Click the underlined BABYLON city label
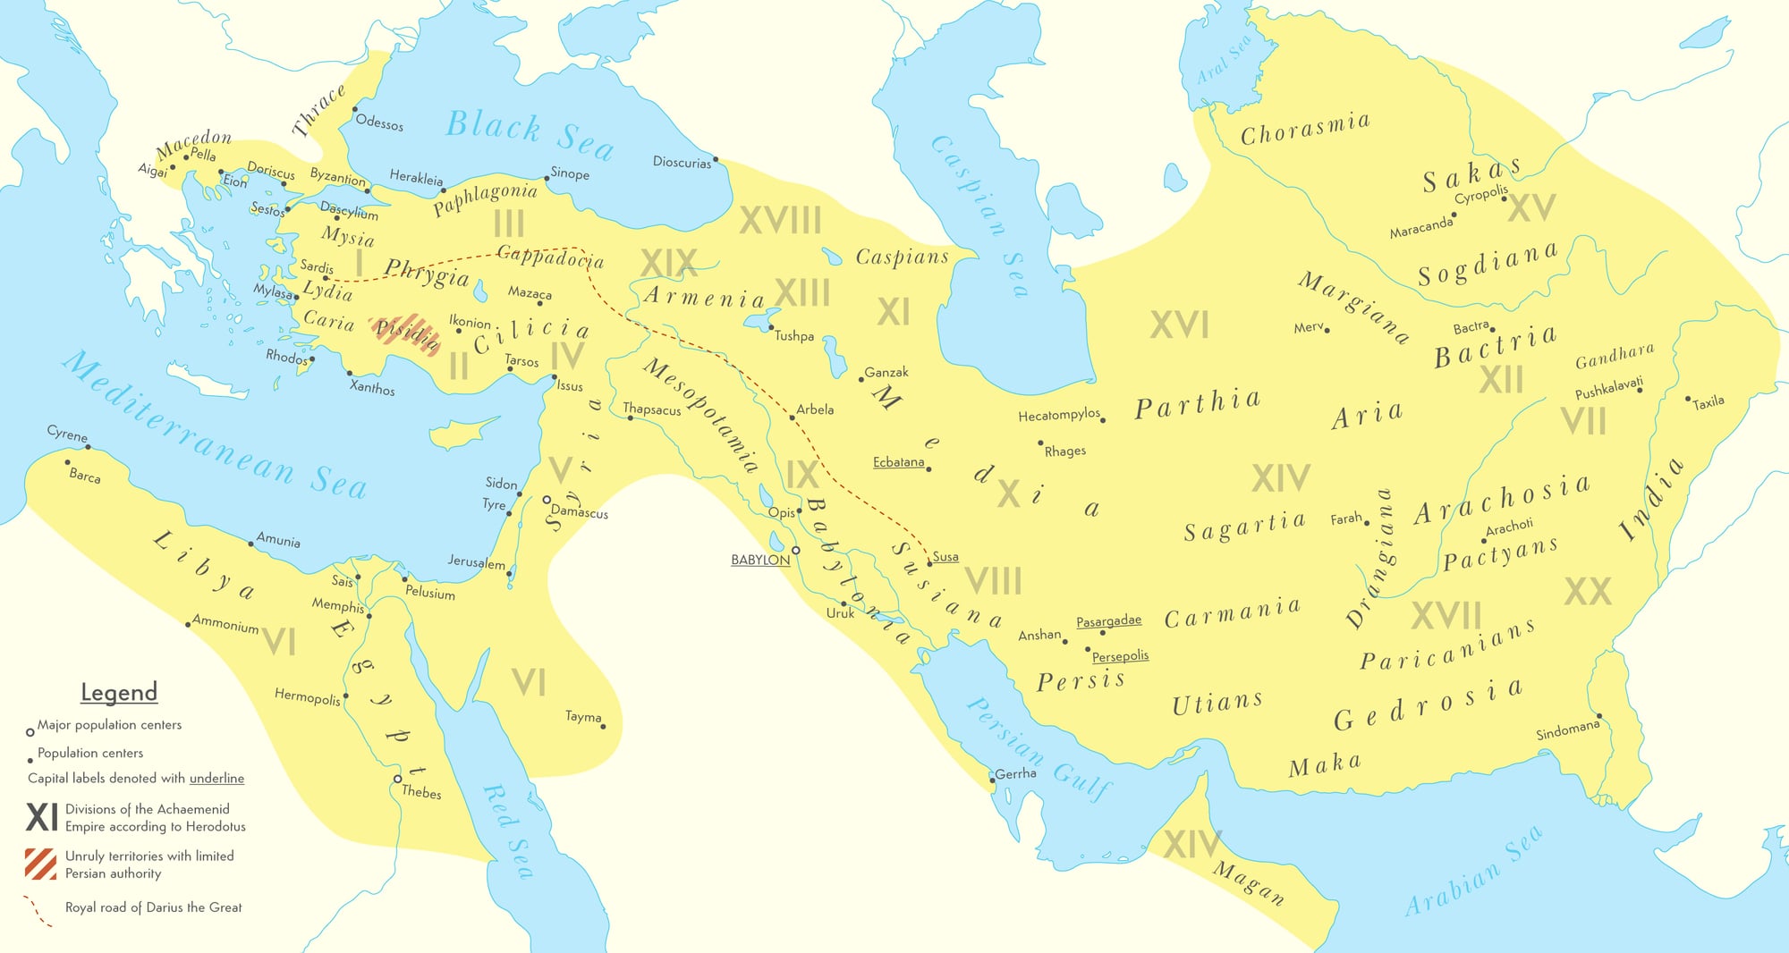760,561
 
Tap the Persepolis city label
1120,656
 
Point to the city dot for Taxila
1688,399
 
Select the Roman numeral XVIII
780,221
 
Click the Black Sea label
530,134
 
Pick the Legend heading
119,693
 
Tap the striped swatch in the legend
41,864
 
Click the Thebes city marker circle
397,780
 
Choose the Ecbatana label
898,462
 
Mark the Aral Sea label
1225,61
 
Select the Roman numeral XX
1588,592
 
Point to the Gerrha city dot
992,780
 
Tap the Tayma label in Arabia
583,717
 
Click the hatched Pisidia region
406,333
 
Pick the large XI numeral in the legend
42,817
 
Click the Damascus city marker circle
547,500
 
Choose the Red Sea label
508,831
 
